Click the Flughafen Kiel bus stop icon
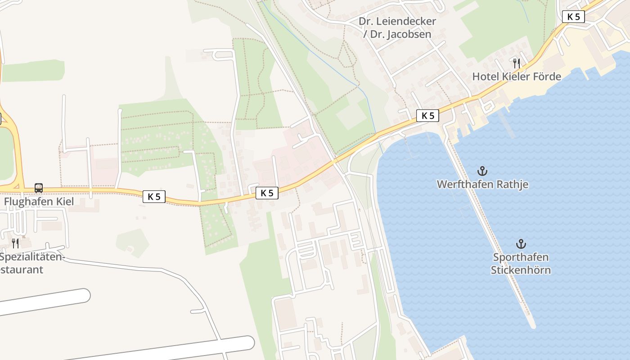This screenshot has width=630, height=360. pos(39,188)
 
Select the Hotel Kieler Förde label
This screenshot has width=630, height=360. pos(516,76)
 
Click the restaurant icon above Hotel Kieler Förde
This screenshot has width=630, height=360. pos(516,63)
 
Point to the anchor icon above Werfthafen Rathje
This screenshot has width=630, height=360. pos(482,171)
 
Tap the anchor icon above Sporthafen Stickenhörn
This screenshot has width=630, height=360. pos(521,244)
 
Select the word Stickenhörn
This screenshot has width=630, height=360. pos(521,270)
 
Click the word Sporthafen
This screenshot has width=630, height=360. pos(521,257)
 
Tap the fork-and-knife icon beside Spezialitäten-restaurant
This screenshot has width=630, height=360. pos(15,243)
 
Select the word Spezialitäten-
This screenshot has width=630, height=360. pos(32,257)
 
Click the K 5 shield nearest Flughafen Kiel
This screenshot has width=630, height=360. pos(154,197)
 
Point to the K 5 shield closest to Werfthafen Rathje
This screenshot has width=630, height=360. pos(427,116)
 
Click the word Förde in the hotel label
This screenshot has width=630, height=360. pos(547,76)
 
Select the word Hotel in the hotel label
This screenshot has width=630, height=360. pos(484,76)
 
